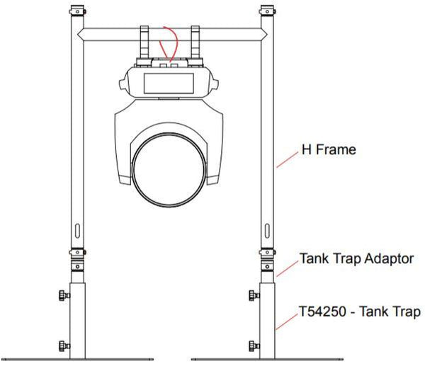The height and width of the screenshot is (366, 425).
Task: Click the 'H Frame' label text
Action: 328,151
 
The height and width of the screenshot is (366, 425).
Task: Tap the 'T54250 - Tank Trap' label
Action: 361,311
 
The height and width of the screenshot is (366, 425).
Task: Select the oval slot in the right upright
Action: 267,231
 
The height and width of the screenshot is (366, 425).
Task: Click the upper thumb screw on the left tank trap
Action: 64,294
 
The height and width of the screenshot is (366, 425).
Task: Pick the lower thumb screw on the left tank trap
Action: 64,345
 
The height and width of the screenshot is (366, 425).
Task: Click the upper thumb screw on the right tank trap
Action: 254,294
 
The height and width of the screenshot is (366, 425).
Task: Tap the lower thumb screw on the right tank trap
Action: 254,345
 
